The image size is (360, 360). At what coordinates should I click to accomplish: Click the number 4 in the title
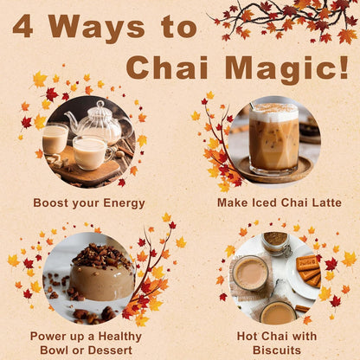[22, 27]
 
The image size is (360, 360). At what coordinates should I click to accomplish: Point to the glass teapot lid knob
[100, 104]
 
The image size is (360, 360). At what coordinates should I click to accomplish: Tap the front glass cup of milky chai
[90, 152]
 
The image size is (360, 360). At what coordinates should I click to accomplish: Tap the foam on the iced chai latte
[273, 112]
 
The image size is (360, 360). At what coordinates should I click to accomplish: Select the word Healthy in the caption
[119, 337]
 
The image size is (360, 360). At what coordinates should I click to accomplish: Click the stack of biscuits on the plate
[309, 271]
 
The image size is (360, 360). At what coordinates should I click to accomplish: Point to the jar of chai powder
[275, 244]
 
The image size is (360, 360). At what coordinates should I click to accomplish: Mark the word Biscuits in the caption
[277, 350]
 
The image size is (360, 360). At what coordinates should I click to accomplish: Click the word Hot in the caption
[247, 337]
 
